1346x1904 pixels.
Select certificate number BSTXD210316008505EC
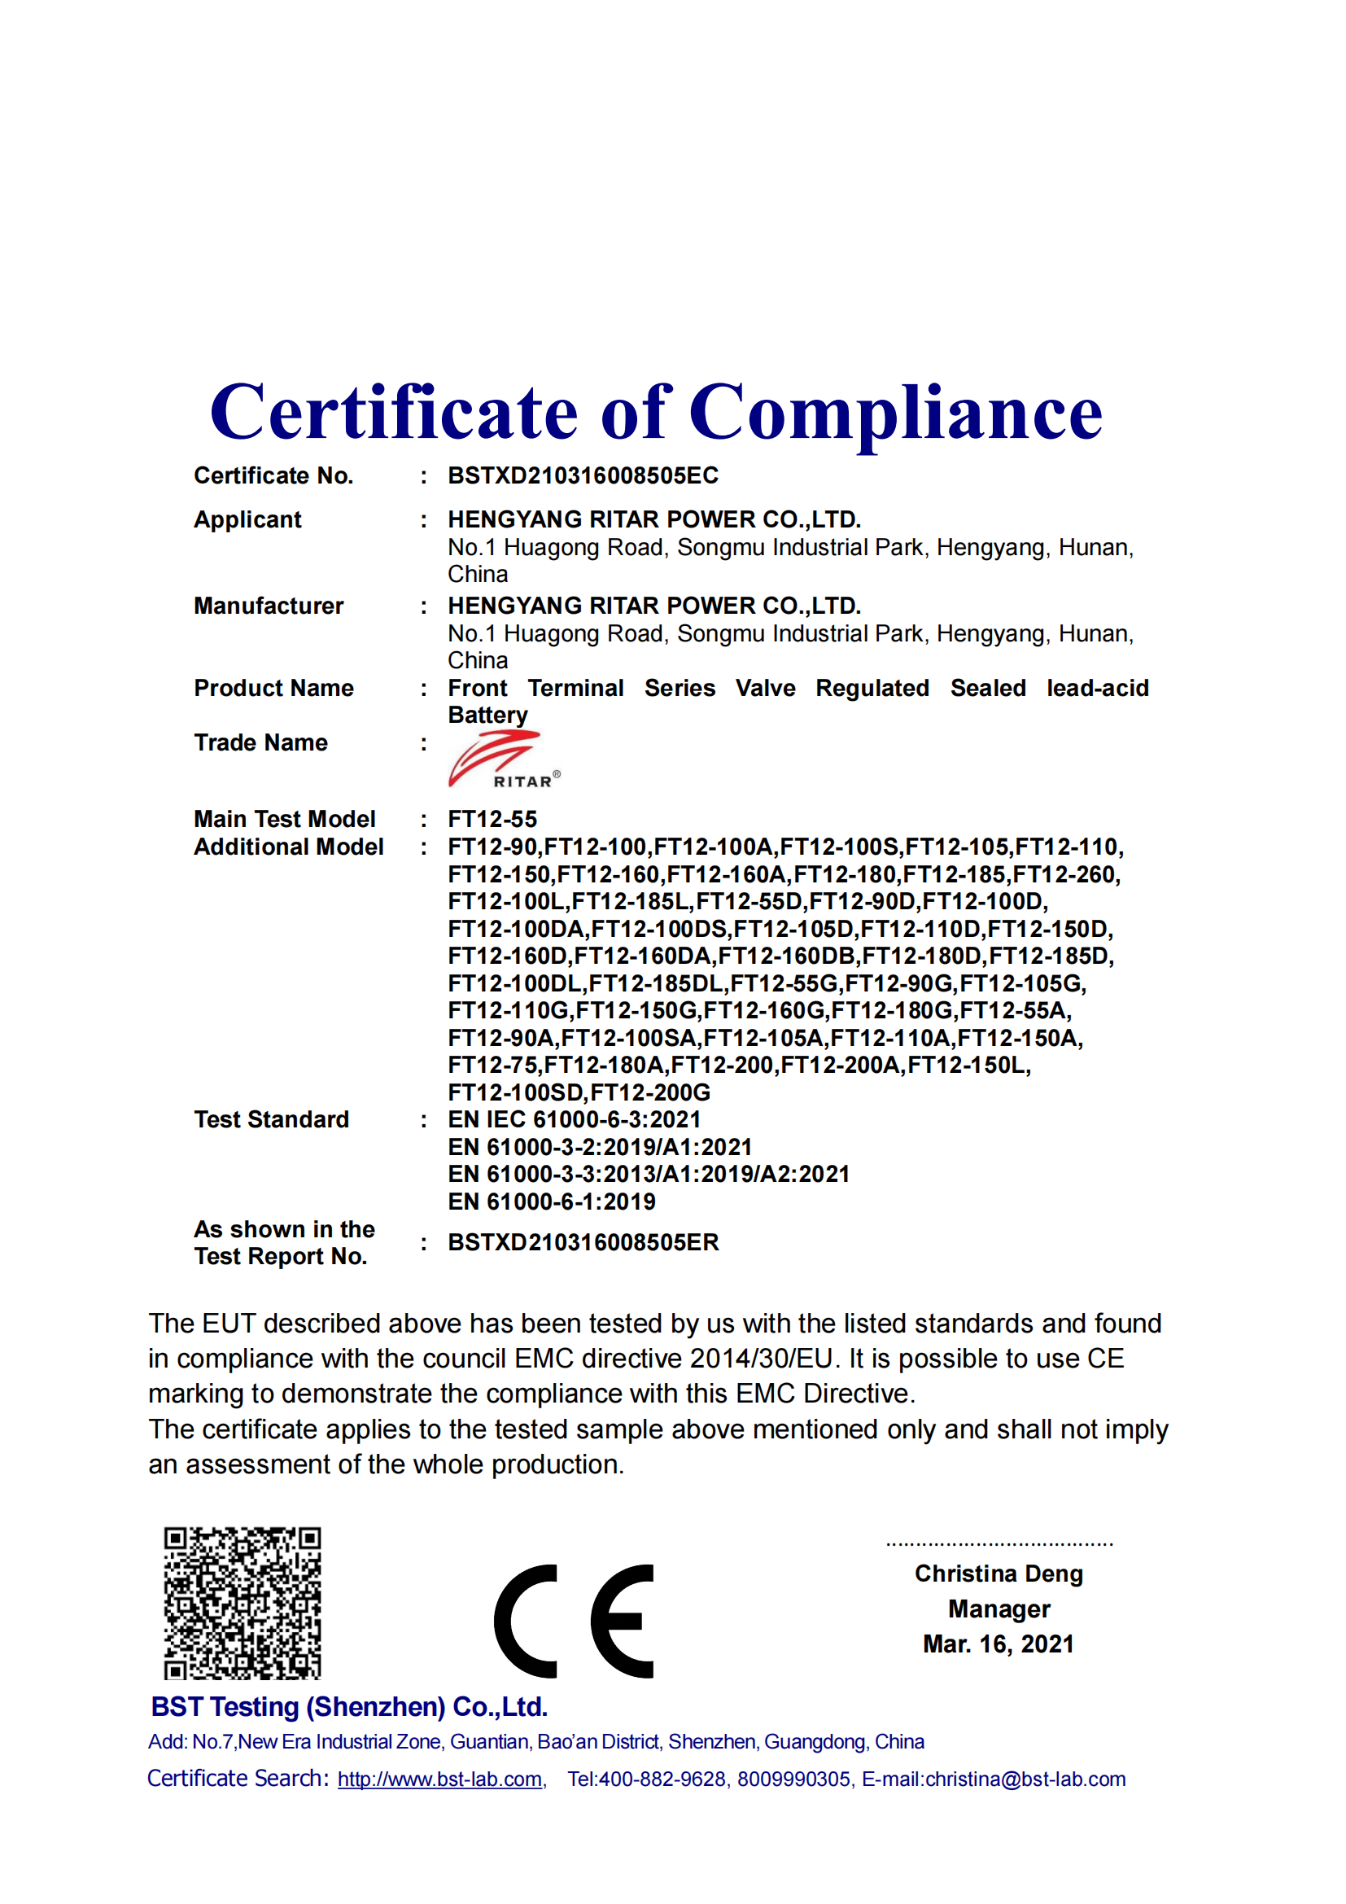coord(583,476)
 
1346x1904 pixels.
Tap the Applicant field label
coord(247,520)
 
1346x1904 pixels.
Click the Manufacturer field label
coord(269,606)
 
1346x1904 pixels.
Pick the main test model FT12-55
coord(492,820)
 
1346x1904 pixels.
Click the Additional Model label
coord(288,847)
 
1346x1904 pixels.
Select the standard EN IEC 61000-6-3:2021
coord(575,1119)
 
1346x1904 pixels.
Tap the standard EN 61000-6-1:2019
coord(551,1201)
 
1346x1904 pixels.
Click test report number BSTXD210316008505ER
coord(583,1242)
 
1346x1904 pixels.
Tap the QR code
coord(242,1603)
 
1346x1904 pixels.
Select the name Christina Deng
coord(998,1574)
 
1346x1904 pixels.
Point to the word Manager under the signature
coord(999,1609)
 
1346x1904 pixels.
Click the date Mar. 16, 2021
coord(998,1644)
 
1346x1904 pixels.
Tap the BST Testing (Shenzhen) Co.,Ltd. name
coord(349,1707)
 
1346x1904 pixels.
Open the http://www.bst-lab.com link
coord(439,1779)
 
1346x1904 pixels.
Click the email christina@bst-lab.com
coord(1025,1779)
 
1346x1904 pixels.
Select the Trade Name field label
coord(260,743)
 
